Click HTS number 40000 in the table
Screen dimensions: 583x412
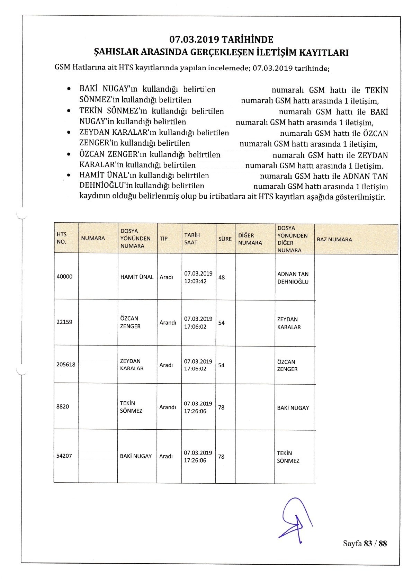click(x=64, y=277)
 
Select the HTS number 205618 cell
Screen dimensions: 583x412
click(x=66, y=365)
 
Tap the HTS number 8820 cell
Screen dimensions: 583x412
click(x=63, y=407)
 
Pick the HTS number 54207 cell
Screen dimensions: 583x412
click(x=64, y=456)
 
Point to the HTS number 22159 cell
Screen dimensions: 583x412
click(x=64, y=322)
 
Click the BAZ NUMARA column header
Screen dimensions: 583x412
click(x=334, y=240)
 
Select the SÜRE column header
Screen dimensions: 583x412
click(x=225, y=239)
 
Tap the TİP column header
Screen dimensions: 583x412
click(x=164, y=239)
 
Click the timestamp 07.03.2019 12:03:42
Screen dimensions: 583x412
click(x=198, y=277)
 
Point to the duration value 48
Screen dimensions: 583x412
click(x=222, y=277)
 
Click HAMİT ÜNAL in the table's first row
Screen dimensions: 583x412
click(x=137, y=277)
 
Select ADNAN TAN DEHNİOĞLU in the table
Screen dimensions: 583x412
click(x=293, y=278)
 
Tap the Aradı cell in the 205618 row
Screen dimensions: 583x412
click(x=166, y=365)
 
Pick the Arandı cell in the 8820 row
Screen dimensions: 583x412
click(x=168, y=407)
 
